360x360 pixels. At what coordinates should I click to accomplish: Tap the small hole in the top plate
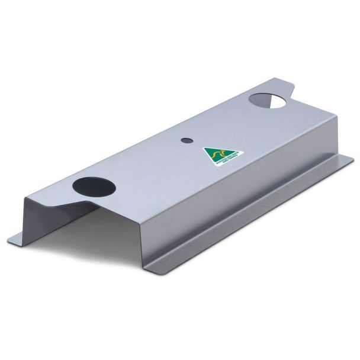pos(186,141)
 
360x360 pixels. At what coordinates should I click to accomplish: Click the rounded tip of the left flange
pos(13,240)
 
